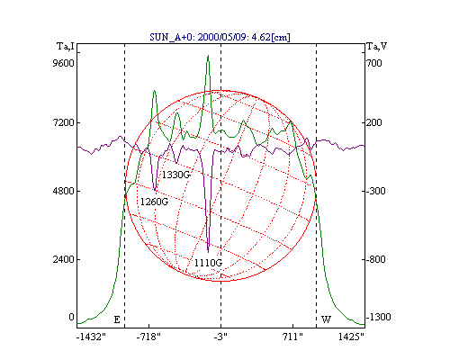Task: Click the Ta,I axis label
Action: [x=66, y=46]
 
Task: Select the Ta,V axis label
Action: [x=377, y=46]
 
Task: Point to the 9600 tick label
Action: [x=63, y=63]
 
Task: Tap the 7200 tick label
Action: [x=63, y=122]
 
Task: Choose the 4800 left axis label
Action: [x=63, y=191]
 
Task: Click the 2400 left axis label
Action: [x=63, y=259]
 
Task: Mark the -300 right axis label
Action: [x=376, y=191]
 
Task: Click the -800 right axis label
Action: [x=376, y=259]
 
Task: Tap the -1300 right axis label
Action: [x=379, y=317]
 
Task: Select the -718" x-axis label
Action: [x=148, y=337]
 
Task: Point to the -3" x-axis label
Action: [x=220, y=337]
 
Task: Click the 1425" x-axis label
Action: [x=351, y=337]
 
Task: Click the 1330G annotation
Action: [x=175, y=175]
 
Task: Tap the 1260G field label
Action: [x=154, y=202]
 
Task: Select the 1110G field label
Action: [x=208, y=263]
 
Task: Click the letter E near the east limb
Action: [x=117, y=319]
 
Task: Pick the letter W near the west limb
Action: [x=326, y=319]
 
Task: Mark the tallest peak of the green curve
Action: [x=208, y=56]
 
